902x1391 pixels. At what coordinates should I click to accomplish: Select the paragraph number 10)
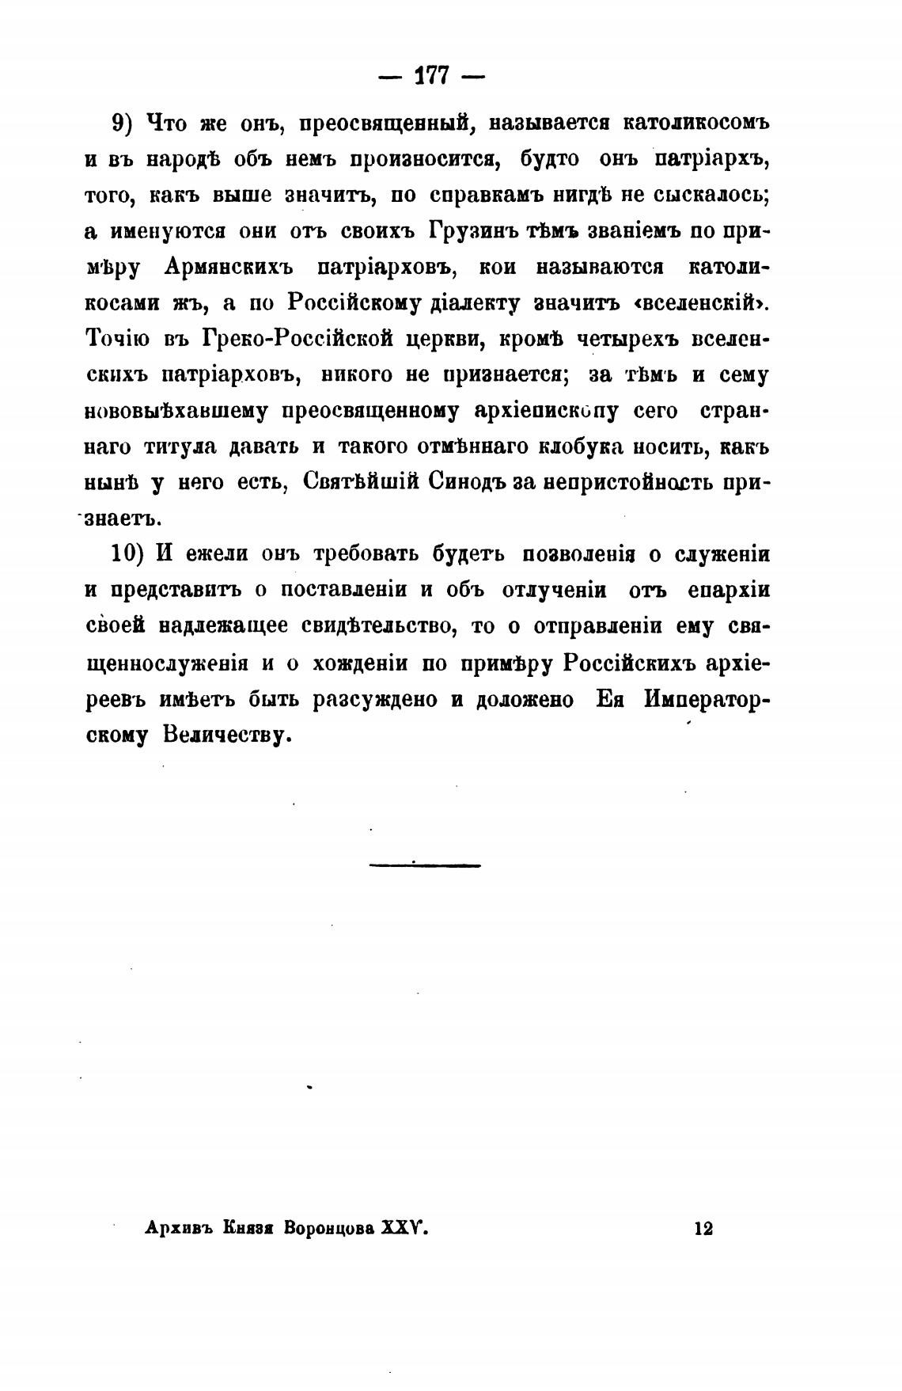point(127,553)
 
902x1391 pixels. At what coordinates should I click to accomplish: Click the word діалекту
point(473,303)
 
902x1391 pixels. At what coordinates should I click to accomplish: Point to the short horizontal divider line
point(425,865)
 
